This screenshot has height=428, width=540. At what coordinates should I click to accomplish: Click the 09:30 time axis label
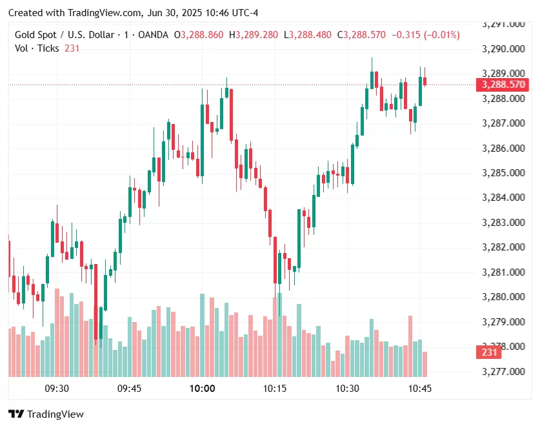point(57,388)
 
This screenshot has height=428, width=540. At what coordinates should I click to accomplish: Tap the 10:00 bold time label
point(202,388)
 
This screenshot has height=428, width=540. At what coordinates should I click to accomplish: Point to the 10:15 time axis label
point(275,388)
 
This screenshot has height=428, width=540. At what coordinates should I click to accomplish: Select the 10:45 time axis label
point(420,388)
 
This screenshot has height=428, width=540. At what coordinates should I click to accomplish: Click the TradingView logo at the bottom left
point(46,414)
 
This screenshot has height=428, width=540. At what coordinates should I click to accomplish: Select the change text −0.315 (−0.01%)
point(425,35)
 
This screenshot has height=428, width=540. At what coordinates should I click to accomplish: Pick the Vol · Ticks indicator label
point(37,48)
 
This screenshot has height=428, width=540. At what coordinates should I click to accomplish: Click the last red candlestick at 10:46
point(425,80)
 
